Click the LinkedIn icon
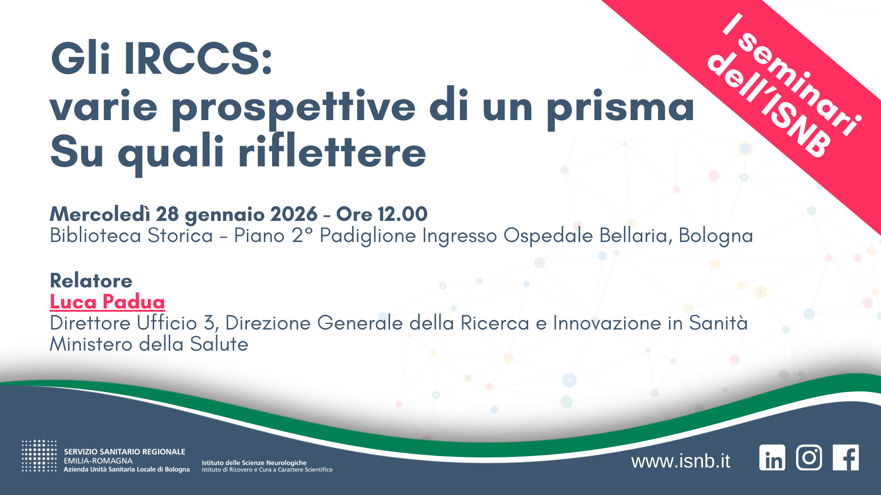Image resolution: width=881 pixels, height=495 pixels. tap(772, 457)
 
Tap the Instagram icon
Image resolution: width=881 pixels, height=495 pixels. tap(809, 457)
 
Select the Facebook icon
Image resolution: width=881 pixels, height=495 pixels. tap(846, 457)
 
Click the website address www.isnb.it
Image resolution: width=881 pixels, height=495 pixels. tap(680, 461)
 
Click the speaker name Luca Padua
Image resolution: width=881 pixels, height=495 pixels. tap(107, 302)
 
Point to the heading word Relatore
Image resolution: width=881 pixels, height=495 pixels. tap(91, 280)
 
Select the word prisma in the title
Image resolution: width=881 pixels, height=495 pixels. tap(620, 106)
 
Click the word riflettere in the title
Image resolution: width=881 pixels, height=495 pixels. tap(332, 152)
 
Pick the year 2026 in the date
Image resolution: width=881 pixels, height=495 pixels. tap(294, 214)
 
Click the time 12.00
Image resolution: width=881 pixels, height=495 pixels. tap(402, 214)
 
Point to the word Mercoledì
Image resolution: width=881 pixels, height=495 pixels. tap(100, 214)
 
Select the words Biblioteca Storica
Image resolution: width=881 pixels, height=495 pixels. tap(131, 236)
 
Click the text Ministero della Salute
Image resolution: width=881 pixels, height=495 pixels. tap(149, 344)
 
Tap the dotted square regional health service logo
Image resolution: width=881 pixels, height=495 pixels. tap(39, 456)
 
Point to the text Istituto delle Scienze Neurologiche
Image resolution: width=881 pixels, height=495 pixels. tap(254, 463)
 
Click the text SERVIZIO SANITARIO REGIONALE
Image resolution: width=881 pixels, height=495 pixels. tap(124, 452)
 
